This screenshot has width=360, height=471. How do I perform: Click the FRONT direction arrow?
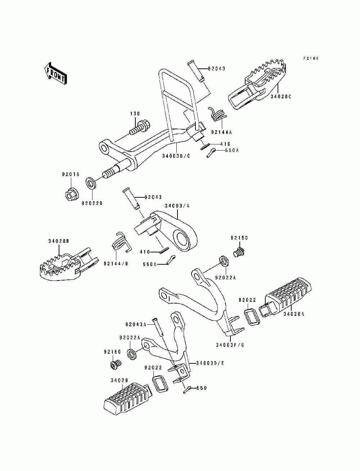click(55, 73)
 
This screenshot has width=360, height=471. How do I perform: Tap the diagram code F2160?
click(311, 58)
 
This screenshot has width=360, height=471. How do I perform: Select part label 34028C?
click(280, 97)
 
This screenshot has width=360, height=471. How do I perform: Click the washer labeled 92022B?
click(91, 183)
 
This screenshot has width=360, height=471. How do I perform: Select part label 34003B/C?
click(176, 156)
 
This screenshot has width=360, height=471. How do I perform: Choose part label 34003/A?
click(177, 206)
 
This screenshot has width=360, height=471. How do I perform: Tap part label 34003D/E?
click(210, 363)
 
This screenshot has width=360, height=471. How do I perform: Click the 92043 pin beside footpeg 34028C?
click(196, 71)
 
